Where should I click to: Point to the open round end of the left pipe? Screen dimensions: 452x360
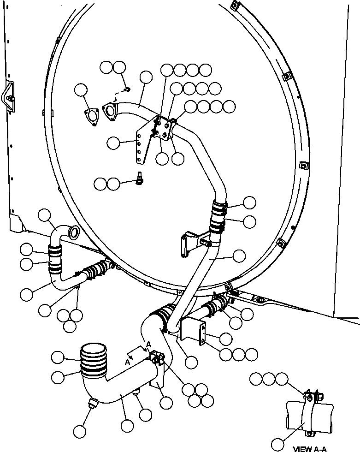tap(72, 231)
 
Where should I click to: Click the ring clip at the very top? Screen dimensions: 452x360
tap(234, 6)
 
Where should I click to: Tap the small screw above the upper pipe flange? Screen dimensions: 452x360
tap(128, 89)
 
